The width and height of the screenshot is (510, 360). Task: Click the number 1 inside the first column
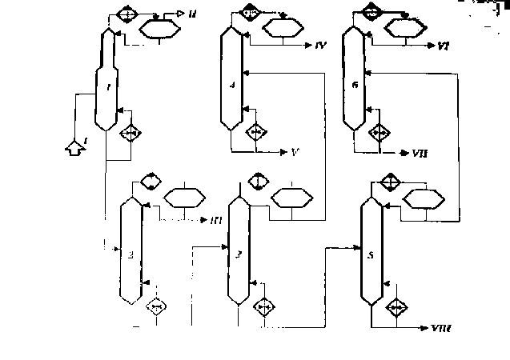tap(107, 88)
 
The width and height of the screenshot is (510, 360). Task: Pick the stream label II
tap(193, 14)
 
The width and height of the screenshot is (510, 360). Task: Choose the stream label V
tap(295, 151)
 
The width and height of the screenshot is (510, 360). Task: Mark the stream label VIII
tap(442, 327)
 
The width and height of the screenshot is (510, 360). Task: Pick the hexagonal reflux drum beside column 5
tap(423, 198)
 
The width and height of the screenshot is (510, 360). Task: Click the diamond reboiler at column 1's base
tap(130, 134)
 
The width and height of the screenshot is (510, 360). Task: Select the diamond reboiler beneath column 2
tap(155, 305)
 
